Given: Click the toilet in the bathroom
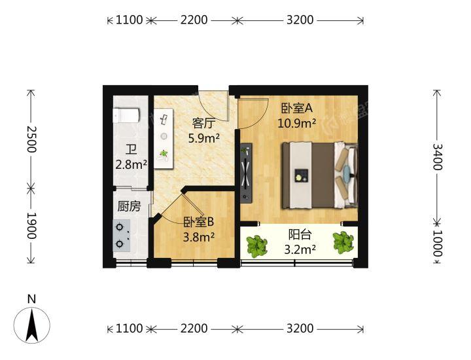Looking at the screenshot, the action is [x=126, y=115].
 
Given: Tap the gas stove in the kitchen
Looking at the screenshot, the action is [x=122, y=236].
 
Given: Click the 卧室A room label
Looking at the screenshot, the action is [x=297, y=108].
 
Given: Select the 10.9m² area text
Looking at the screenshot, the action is [x=296, y=123].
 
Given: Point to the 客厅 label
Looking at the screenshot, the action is [x=204, y=123].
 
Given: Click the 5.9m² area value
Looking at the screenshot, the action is [x=204, y=138].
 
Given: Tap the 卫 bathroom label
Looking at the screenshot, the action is [x=131, y=149].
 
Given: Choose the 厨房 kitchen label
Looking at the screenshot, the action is [x=129, y=206].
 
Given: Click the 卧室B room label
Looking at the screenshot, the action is [x=199, y=223].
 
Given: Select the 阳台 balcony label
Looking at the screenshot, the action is [x=300, y=235].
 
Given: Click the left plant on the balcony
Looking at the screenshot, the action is [x=256, y=247].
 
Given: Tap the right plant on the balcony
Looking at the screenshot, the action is [x=343, y=242].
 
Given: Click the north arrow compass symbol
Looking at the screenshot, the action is [x=32, y=325].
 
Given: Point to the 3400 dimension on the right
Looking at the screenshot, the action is [x=438, y=157].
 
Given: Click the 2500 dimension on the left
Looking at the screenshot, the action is [x=31, y=139].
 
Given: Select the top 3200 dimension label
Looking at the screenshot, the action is [x=300, y=20].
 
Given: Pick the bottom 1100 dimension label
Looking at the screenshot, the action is [x=129, y=329].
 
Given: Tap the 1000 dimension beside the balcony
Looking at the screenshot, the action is [x=438, y=243].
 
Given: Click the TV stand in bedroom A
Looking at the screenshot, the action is [x=246, y=173].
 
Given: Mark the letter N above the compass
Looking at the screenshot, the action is [x=31, y=299].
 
